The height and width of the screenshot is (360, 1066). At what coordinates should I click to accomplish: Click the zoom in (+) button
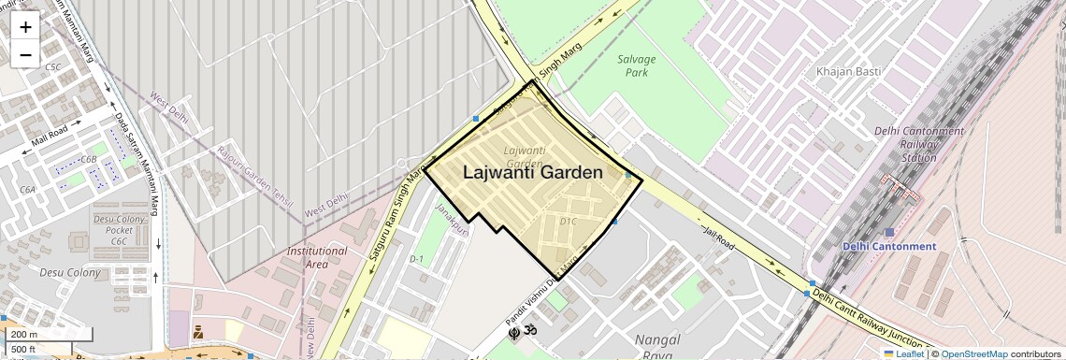[25, 26]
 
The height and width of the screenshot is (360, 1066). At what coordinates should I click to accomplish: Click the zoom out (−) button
[25, 54]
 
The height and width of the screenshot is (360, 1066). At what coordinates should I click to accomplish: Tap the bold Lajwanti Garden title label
[533, 172]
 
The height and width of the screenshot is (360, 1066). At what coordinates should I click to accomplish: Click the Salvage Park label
[637, 65]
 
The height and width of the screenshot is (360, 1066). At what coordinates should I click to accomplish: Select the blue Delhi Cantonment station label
[888, 247]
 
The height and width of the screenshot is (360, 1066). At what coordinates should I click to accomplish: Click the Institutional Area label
[317, 257]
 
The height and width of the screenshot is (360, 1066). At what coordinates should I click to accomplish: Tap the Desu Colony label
[69, 272]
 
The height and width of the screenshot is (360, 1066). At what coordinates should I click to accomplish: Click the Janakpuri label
[451, 217]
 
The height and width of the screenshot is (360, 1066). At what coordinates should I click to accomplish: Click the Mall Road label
[50, 137]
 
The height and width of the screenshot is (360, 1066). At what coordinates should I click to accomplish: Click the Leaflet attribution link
[903, 353]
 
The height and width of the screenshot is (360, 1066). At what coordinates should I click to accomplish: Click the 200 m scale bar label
[24, 334]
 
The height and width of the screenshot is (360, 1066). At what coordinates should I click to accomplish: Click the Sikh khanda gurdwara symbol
[513, 332]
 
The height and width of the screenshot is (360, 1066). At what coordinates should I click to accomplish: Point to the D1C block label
[568, 222]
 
